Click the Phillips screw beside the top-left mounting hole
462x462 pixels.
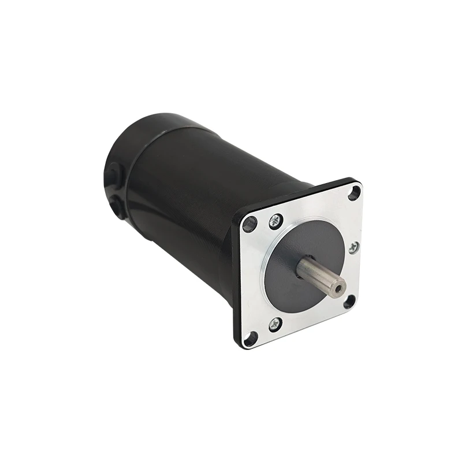pyautogui.click(x=276, y=219)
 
